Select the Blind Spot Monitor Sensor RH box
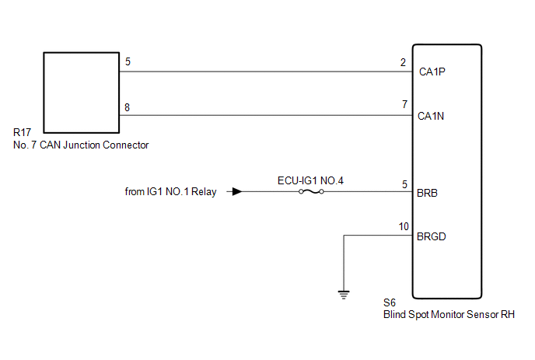[447, 171]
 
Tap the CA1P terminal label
[432, 73]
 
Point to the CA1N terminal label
[432, 117]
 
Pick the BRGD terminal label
[432, 236]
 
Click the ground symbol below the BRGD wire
[343, 294]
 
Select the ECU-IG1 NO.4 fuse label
[311, 180]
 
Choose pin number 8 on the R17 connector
[127, 107]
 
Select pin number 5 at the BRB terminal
[404, 184]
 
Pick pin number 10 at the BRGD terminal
[402, 227]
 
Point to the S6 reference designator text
[390, 304]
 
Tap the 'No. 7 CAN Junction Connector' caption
[81, 145]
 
